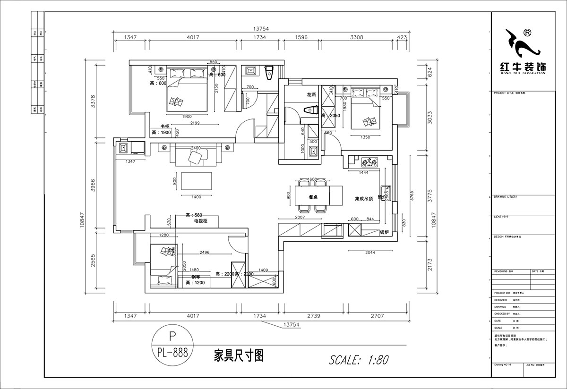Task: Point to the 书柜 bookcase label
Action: pyautogui.click(x=165, y=126)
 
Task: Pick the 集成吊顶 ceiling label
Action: pyautogui.click(x=364, y=199)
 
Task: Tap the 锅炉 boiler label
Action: pyautogui.click(x=384, y=232)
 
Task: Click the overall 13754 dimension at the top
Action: pyautogui.click(x=260, y=28)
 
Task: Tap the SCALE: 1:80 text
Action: pyautogui.click(x=359, y=360)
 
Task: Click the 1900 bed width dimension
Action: pyautogui.click(x=187, y=116)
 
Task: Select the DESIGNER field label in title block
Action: pyautogui.click(x=501, y=300)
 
